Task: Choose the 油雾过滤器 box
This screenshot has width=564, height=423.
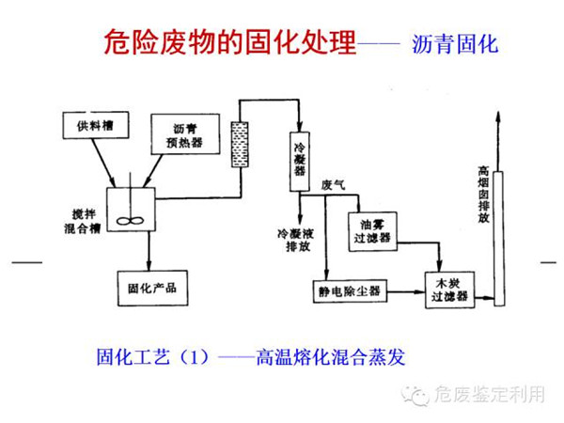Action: (x=376, y=231)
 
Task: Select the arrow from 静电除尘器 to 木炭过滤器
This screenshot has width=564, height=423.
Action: (x=403, y=292)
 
